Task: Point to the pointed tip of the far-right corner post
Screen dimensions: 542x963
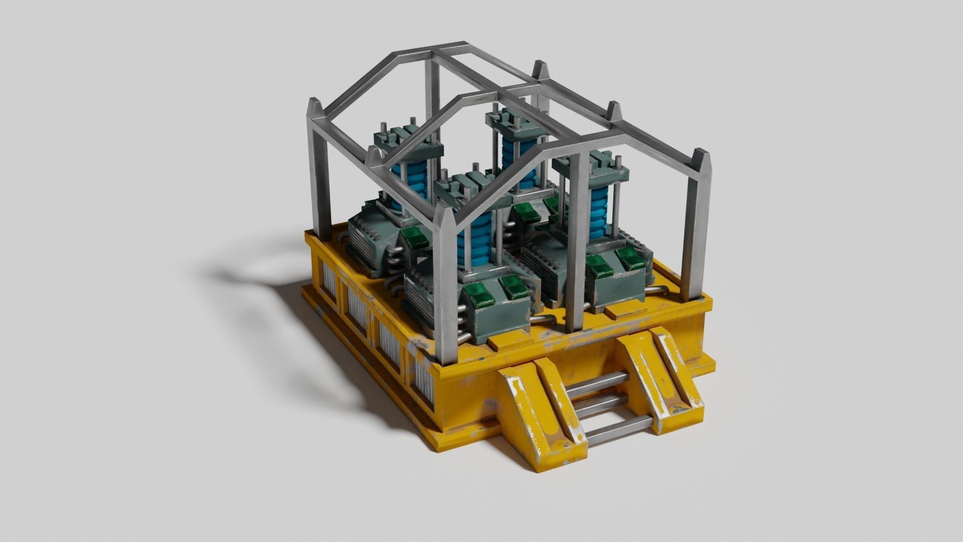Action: click(701, 154)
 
